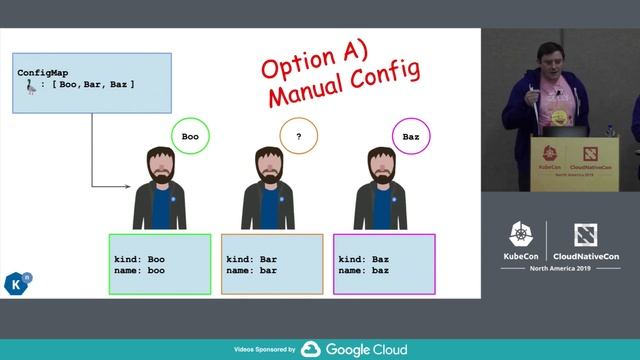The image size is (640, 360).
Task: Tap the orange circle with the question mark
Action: pyautogui.click(x=298, y=135)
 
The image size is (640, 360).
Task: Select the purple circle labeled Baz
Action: pyautogui.click(x=410, y=135)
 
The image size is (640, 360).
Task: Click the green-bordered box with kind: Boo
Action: pyautogui.click(x=160, y=264)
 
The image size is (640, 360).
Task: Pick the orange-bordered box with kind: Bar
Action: pyautogui.click(x=272, y=264)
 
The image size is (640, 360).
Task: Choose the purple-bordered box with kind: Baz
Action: pyautogui.click(x=385, y=264)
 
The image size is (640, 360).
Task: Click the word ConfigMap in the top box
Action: pyautogui.click(x=43, y=73)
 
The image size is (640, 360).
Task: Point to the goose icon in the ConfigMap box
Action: pyautogui.click(x=31, y=87)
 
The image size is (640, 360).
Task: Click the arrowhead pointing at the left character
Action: pyautogui.click(x=128, y=185)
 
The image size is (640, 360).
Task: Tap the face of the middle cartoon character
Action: pyautogui.click(x=268, y=167)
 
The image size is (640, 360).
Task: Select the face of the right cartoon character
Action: pyautogui.click(x=381, y=167)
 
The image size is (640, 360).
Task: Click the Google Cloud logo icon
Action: pyautogui.click(x=311, y=349)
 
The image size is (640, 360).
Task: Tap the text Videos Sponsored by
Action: pyautogui.click(x=264, y=350)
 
